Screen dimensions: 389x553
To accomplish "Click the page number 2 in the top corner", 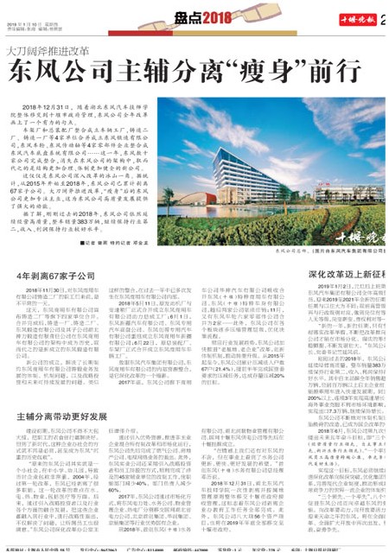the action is coord(384,21).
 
